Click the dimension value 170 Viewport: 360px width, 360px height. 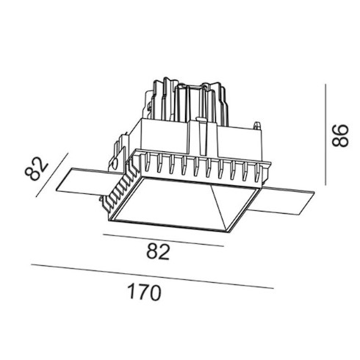coord(145,292)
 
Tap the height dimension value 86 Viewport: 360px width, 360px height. coord(339,136)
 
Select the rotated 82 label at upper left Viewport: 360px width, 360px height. coord(37,169)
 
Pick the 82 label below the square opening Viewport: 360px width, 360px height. coord(158,252)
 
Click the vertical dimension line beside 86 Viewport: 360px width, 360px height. coord(325,134)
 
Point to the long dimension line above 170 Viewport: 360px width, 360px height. coord(152,276)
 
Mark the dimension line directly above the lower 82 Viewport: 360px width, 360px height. coord(163,240)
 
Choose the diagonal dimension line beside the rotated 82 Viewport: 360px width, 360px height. coord(52,175)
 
